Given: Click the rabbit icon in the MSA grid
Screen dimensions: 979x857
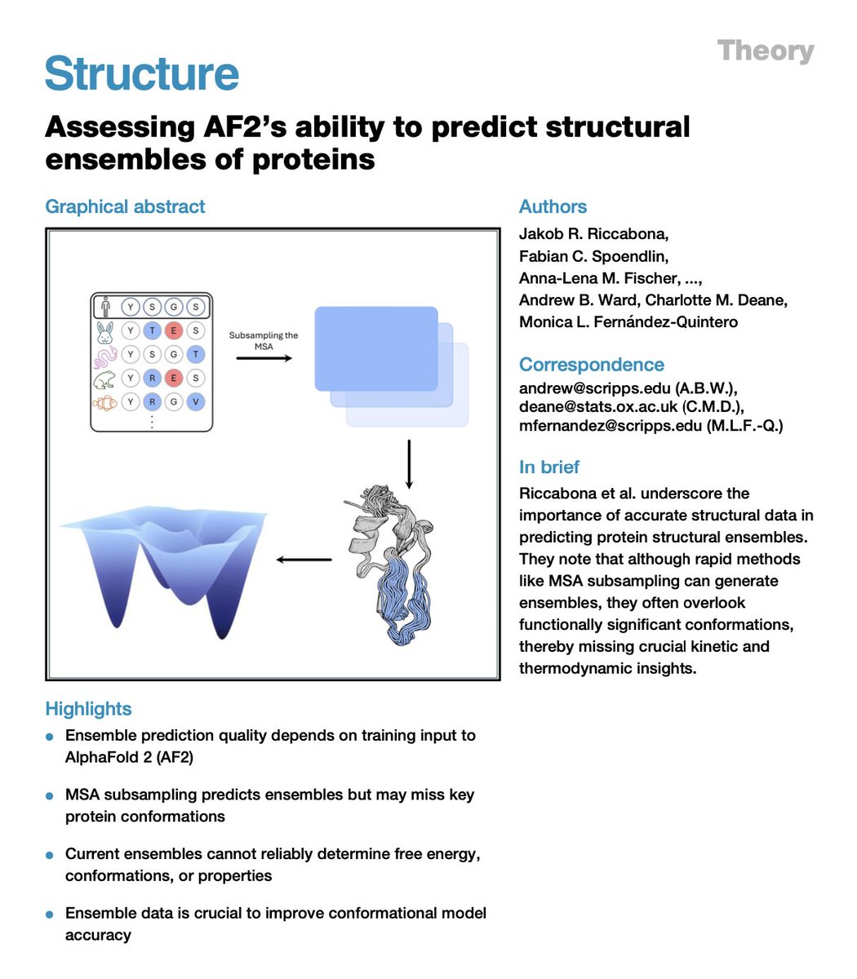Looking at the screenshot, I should (x=105, y=330).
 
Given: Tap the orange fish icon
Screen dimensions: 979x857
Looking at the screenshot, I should (x=105, y=402).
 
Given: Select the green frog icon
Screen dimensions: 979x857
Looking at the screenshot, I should (x=105, y=379).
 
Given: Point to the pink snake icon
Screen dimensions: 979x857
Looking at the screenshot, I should (x=105, y=355).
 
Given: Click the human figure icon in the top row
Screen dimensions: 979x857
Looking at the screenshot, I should (x=105, y=308).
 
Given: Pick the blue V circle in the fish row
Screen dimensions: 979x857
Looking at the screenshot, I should (x=196, y=402).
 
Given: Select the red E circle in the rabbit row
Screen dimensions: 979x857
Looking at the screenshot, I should (x=174, y=330).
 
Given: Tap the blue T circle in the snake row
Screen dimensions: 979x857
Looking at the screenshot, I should (x=196, y=355).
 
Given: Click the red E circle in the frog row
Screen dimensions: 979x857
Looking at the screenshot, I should (x=174, y=379).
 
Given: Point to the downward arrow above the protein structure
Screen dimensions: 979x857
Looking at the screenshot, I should (x=409, y=465).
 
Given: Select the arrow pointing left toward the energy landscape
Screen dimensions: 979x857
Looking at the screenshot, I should (x=304, y=560).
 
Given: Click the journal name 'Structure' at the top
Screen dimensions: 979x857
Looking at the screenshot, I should (x=142, y=73).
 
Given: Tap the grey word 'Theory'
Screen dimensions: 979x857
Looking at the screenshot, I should (x=766, y=51).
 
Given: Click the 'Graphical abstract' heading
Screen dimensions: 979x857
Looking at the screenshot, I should (x=125, y=206).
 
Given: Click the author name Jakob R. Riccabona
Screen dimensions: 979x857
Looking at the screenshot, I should (x=593, y=234).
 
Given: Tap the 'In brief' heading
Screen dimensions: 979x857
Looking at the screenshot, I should (x=549, y=467).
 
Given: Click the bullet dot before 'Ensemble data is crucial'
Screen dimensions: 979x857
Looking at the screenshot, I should (x=50, y=915).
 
